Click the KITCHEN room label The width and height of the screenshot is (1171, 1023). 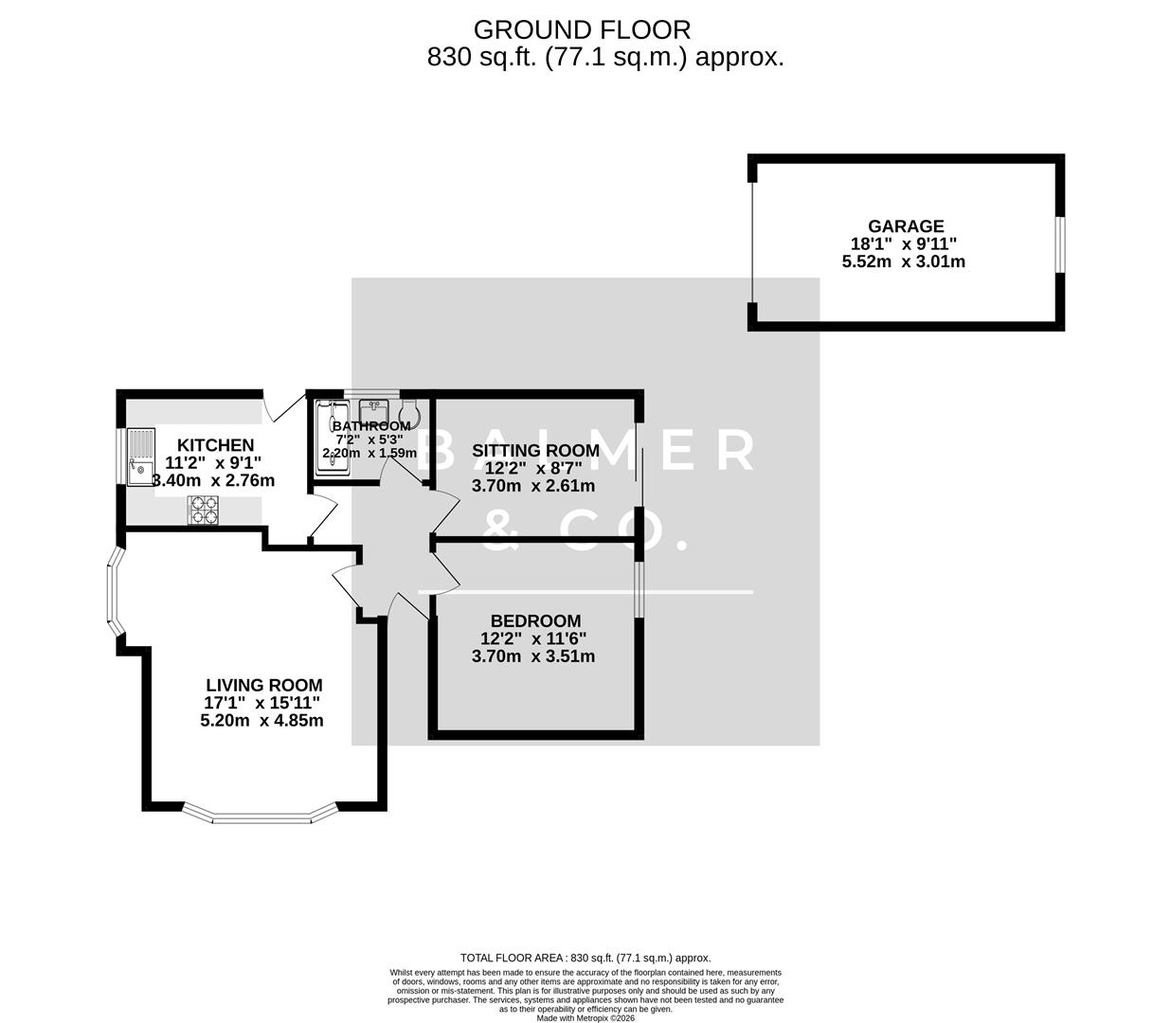[x=216, y=445]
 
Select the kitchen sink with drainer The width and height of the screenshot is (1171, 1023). [x=141, y=457]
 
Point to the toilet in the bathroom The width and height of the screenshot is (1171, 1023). [x=410, y=414]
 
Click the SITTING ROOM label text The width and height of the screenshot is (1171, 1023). [x=535, y=451]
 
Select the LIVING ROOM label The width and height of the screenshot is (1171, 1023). [x=264, y=685]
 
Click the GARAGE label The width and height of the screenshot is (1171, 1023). [x=906, y=226]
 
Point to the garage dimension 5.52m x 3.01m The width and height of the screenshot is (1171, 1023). [x=903, y=261]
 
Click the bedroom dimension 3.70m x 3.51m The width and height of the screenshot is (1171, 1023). [x=533, y=656]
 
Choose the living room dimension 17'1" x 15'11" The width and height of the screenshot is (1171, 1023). [x=262, y=703]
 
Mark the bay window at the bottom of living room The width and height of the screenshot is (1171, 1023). [x=260, y=814]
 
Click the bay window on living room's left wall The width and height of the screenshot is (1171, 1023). [x=112, y=593]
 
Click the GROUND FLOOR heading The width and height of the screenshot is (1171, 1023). [x=582, y=30]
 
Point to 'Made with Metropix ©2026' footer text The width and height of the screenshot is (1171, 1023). [x=585, y=1018]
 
